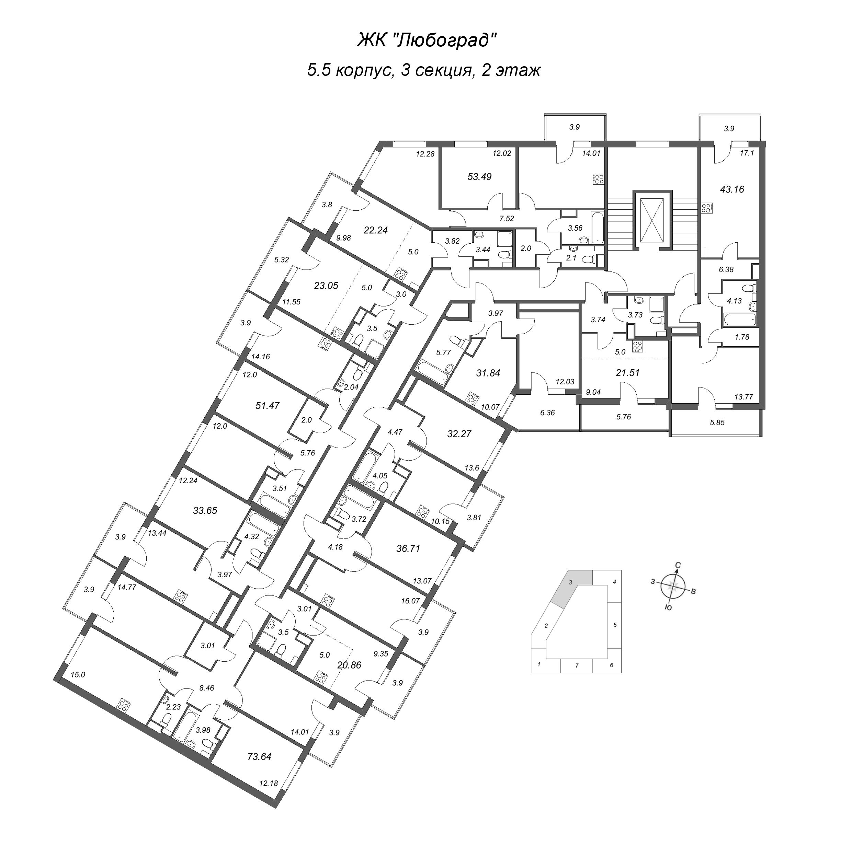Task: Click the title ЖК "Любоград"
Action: (x=426, y=41)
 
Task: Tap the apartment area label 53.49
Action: (x=479, y=176)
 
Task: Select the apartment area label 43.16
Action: (x=731, y=189)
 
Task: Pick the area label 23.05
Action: (x=326, y=286)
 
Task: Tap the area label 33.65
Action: (x=205, y=511)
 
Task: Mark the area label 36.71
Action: (x=408, y=549)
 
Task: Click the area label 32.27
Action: (x=459, y=434)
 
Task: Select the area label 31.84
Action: (x=488, y=373)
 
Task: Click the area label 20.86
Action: (x=349, y=665)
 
